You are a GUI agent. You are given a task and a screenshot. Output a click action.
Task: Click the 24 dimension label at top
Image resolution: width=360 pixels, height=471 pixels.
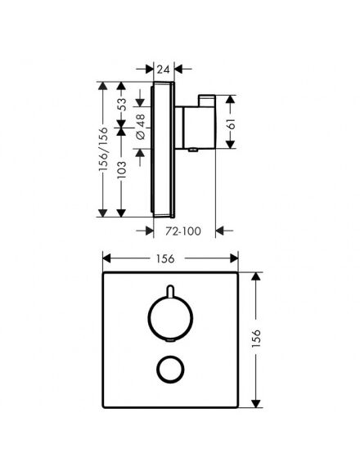click(x=164, y=70)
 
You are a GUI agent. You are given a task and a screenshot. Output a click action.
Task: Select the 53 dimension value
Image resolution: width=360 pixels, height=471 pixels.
click(x=122, y=105)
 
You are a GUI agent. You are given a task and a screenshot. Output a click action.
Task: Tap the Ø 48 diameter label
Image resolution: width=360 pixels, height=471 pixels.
click(x=141, y=127)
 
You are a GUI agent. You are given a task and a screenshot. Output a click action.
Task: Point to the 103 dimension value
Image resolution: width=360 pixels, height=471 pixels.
click(x=122, y=170)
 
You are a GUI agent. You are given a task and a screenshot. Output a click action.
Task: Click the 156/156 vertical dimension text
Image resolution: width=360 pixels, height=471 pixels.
click(x=103, y=150)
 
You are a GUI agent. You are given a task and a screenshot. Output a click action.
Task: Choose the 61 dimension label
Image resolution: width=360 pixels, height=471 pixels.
click(x=232, y=123)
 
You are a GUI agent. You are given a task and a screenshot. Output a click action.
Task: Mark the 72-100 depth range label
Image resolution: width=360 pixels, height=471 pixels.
click(x=183, y=231)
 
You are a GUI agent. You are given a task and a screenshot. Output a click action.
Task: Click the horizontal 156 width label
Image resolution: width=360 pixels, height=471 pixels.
click(x=165, y=258)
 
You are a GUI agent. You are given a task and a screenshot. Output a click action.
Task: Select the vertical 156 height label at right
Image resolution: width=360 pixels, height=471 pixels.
click(x=256, y=339)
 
